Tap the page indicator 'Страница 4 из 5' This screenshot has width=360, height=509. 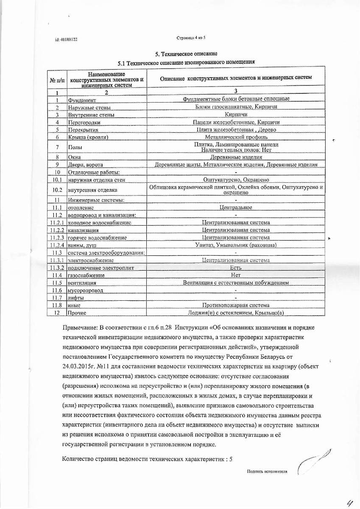click(x=191, y=38)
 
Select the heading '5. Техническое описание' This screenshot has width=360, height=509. click(x=186, y=54)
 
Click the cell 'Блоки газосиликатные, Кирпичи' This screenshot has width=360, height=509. click(x=236, y=107)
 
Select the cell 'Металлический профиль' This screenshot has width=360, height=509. click(x=236, y=137)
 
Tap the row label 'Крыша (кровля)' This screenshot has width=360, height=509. click(x=88, y=137)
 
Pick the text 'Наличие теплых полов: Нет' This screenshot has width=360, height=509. click(x=236, y=150)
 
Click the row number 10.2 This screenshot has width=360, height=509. click(x=57, y=190)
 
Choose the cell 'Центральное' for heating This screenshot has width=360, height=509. click(x=236, y=207)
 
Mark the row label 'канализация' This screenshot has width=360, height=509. click(x=83, y=230)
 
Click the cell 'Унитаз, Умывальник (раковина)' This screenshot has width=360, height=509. click(x=236, y=245)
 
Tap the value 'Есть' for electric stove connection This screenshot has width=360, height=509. click(x=236, y=268)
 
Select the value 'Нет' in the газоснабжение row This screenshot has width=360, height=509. click(x=236, y=275)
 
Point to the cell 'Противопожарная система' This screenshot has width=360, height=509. click(x=236, y=305)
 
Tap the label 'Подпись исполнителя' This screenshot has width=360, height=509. click(x=267, y=471)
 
